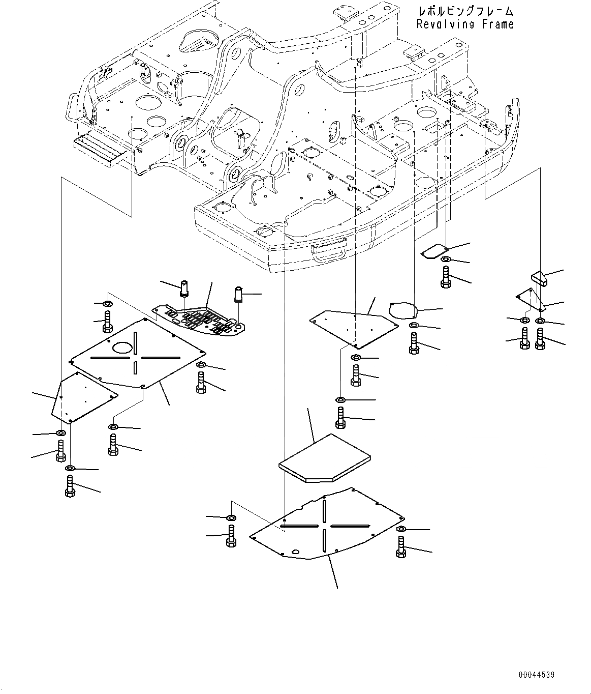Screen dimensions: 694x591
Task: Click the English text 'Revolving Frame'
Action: coord(464,24)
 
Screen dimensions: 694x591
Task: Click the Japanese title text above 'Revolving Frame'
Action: coord(464,11)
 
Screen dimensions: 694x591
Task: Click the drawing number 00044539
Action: coord(536,675)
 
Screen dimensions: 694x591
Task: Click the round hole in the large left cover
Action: coord(122,348)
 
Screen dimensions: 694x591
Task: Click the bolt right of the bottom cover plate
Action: coord(400,547)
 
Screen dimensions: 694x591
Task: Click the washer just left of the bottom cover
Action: coord(231,518)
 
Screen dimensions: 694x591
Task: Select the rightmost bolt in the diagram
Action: coord(540,339)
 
